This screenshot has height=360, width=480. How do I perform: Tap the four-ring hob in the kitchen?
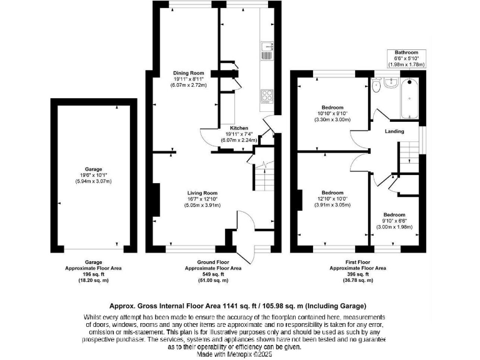click(267, 96)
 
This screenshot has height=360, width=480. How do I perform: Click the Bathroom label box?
click(406, 59)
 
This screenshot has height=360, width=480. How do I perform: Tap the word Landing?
click(394, 131)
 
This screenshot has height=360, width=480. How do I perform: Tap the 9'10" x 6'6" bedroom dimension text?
click(394, 221)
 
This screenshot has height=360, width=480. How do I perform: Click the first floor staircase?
click(408, 154)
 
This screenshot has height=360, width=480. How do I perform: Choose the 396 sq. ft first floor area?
click(357, 274)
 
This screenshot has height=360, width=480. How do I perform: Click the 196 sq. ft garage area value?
click(94, 274)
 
